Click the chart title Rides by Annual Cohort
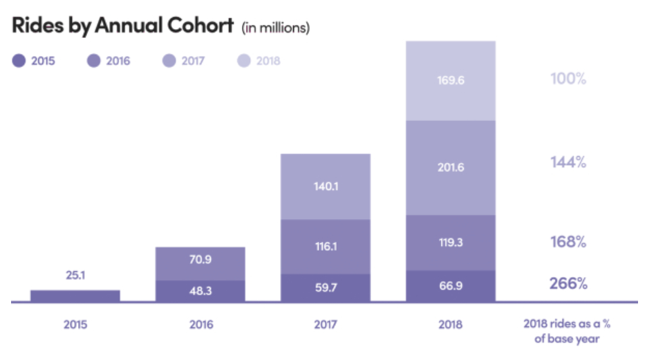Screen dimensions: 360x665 tap(123, 26)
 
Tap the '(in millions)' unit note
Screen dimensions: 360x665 tap(275, 28)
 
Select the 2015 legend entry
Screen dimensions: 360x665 tap(36, 61)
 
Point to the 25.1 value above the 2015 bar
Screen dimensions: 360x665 tap(75, 277)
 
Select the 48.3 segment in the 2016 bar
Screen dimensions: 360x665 tap(200, 291)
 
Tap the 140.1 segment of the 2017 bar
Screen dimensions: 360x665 tap(325, 186)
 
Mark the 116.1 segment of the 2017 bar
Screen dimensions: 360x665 tap(325, 246)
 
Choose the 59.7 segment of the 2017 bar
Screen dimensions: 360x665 tap(325, 288)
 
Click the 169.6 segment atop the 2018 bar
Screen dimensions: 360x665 tap(451, 80)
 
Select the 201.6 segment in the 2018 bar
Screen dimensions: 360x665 tap(451, 167)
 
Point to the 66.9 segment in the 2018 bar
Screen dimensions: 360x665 tap(451, 286)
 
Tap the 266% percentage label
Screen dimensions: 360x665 tap(568, 283)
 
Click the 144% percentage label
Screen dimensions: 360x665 tap(568, 162)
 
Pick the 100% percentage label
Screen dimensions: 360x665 tap(568, 78)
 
